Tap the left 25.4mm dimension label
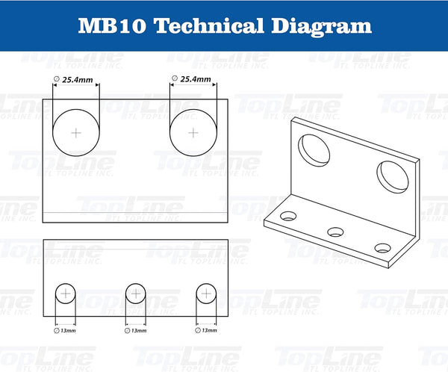click(x=77, y=78)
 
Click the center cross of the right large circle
click(x=193, y=132)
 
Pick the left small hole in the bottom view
click(x=65, y=294)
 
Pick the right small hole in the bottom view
click(x=205, y=294)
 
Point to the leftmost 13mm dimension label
click(x=67, y=329)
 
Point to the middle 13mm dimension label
click(x=138, y=329)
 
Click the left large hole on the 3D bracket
click(x=314, y=149)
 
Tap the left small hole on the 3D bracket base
click(x=288, y=217)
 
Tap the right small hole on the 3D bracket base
click(x=383, y=247)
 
